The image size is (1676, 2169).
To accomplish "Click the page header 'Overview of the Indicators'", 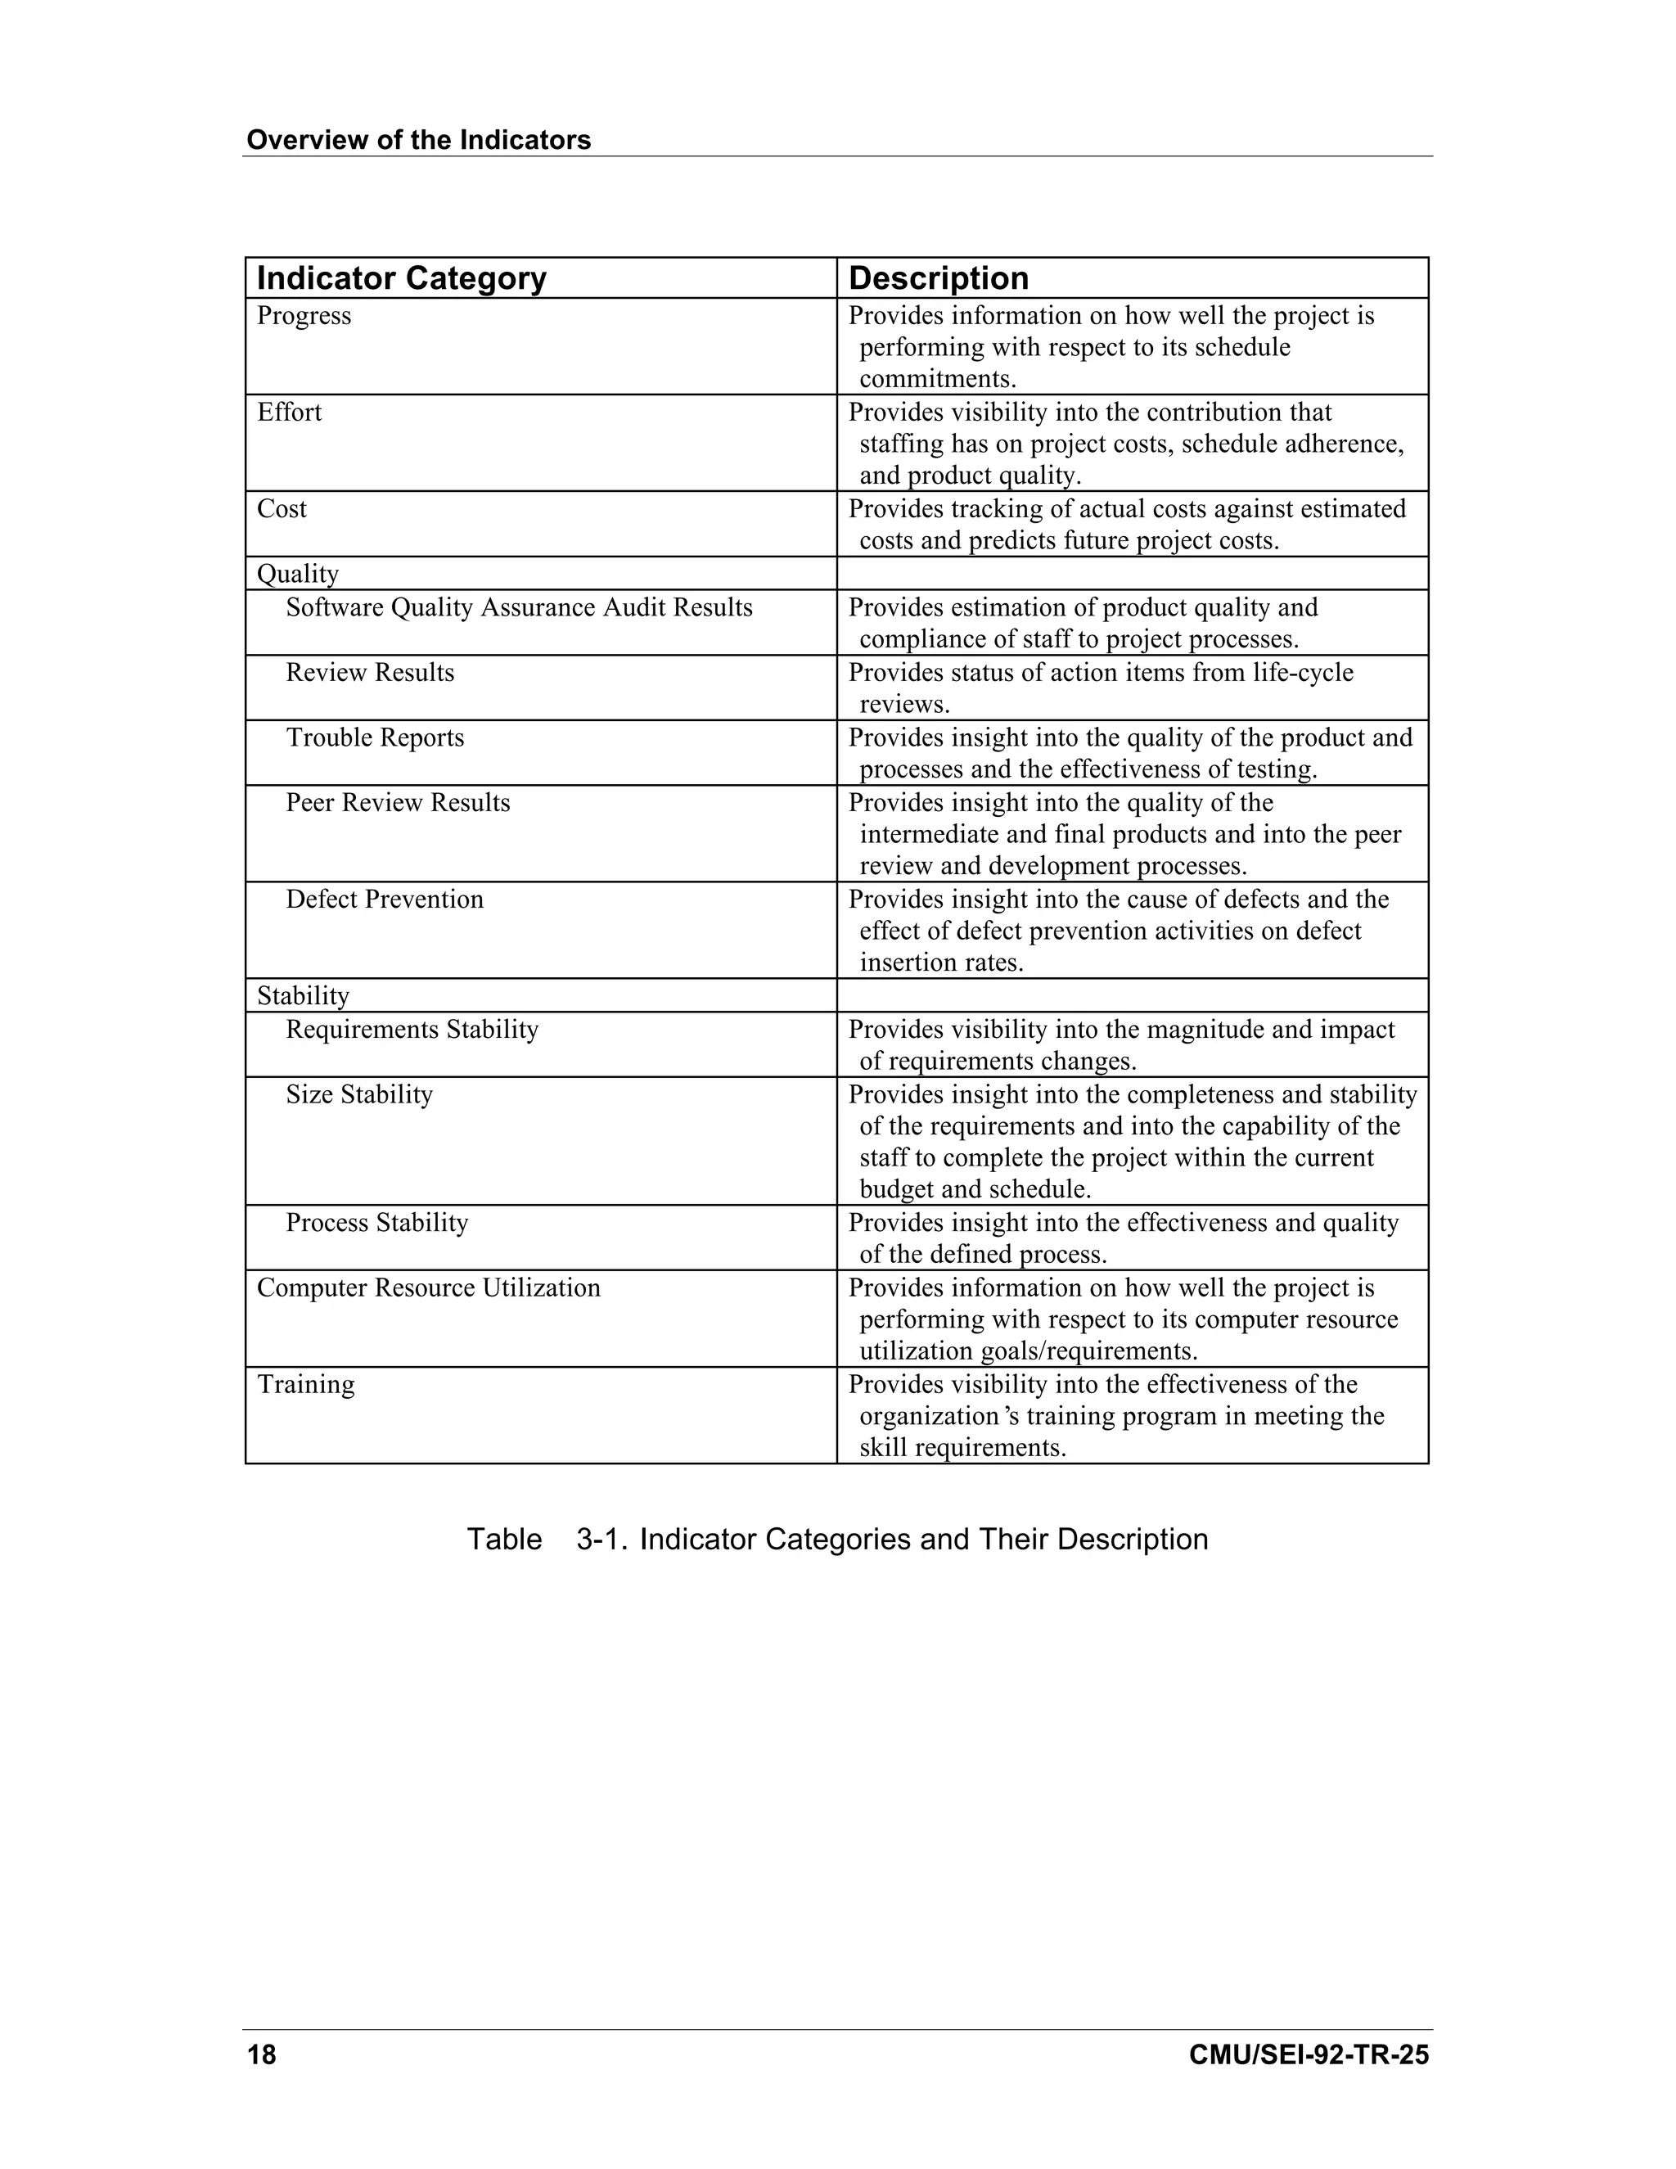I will click(x=418, y=140).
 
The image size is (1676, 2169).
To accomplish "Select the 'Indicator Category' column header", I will click(x=401, y=278).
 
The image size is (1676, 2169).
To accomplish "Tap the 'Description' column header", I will click(x=939, y=278).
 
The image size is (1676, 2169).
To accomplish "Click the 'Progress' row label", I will click(x=304, y=316).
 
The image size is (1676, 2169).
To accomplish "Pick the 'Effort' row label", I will click(x=289, y=413).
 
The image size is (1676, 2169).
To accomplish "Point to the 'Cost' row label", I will click(x=282, y=508).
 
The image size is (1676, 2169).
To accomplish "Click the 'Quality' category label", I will click(x=298, y=574).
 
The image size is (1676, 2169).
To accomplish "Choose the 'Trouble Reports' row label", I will click(x=374, y=738).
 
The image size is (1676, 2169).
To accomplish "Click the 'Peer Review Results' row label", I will click(x=397, y=802).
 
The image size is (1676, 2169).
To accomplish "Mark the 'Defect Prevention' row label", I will click(x=385, y=899).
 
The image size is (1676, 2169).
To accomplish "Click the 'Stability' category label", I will click(x=303, y=996).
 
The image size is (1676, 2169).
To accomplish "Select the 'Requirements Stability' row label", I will click(x=412, y=1029).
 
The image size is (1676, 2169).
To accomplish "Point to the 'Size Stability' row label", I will click(x=358, y=1094).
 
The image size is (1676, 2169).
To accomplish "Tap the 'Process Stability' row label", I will click(x=376, y=1223).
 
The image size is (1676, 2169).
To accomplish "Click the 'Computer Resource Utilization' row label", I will click(x=429, y=1288).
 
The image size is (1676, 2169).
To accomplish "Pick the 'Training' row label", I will click(x=306, y=1384).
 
